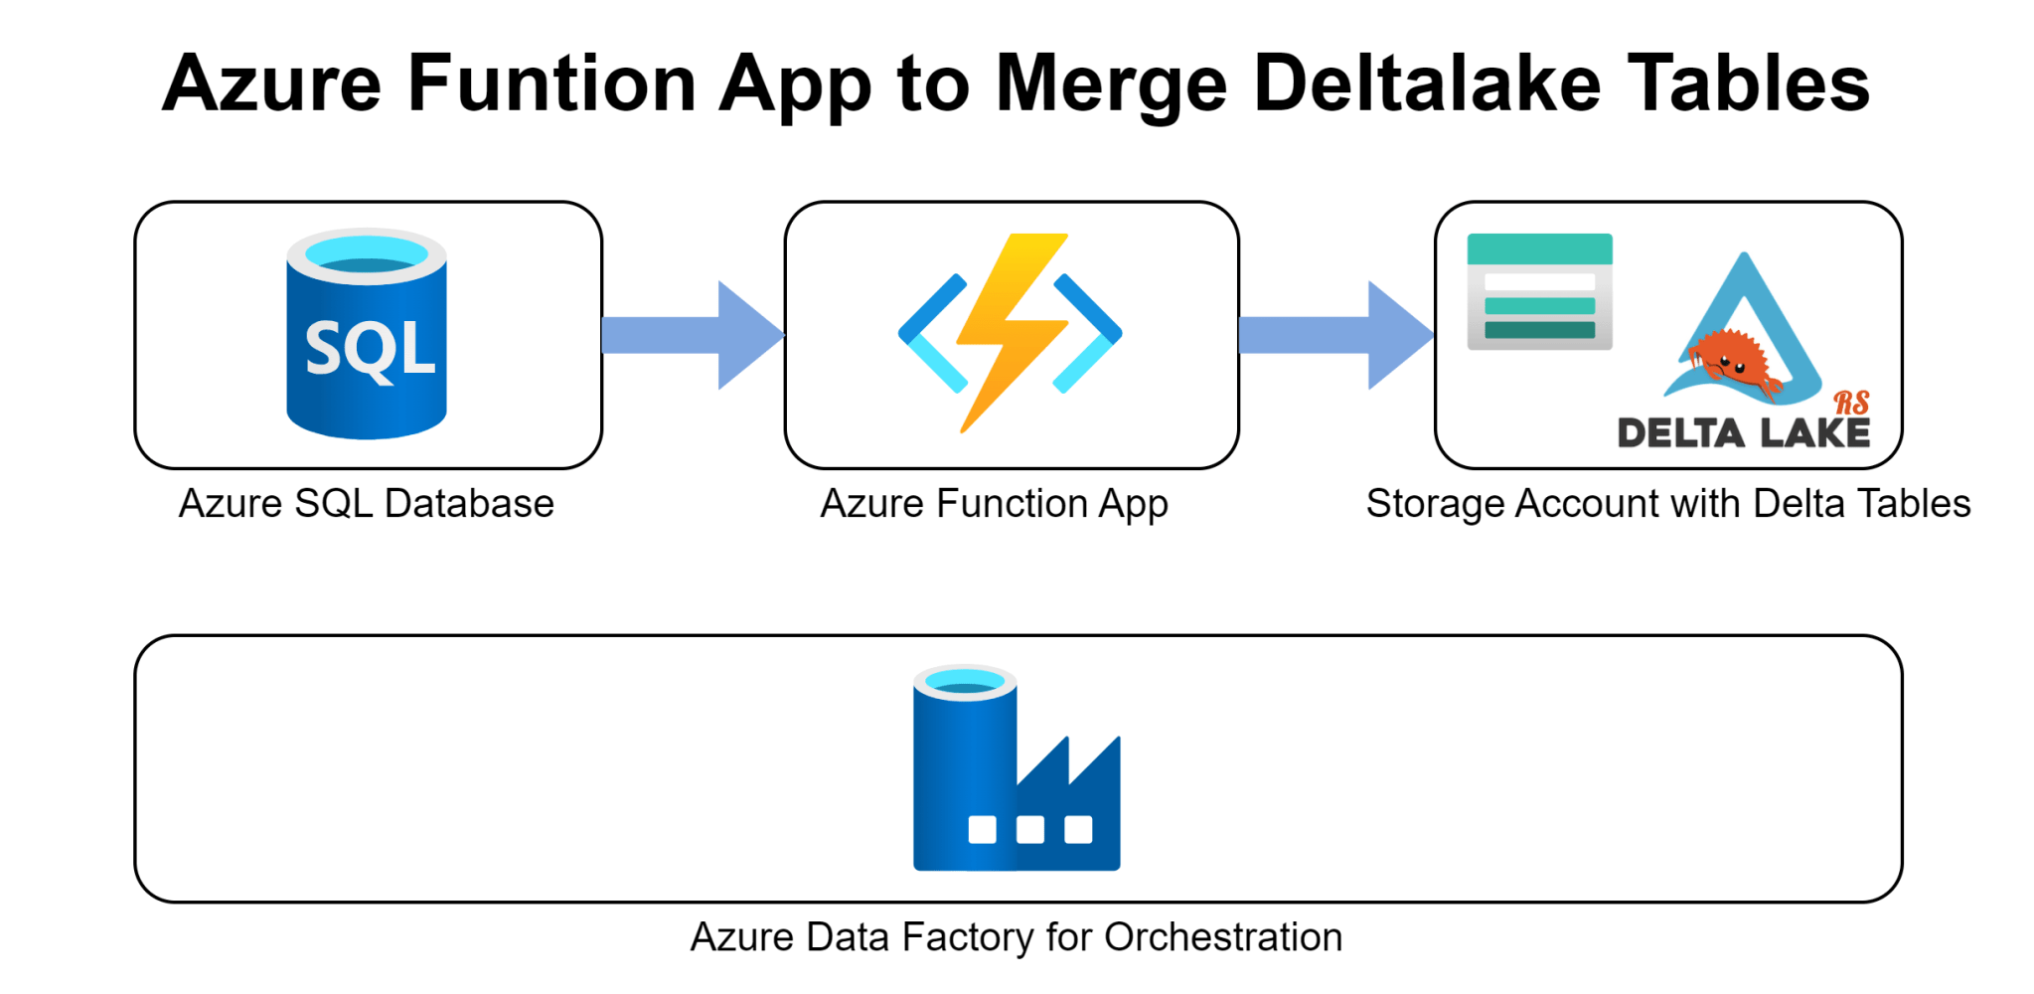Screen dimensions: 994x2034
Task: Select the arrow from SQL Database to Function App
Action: [692, 335]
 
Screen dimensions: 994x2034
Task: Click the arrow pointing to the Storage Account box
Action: [1334, 335]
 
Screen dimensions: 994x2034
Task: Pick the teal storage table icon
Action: [1539, 291]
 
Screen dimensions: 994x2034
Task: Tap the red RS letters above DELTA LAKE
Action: [1851, 403]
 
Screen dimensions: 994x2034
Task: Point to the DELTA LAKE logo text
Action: [1744, 433]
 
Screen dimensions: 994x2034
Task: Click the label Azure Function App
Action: [994, 504]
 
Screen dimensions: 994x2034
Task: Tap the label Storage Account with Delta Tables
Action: [1667, 504]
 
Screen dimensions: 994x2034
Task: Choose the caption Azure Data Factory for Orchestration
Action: [1016, 937]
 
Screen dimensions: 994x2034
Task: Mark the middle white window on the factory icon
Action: [1030, 829]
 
